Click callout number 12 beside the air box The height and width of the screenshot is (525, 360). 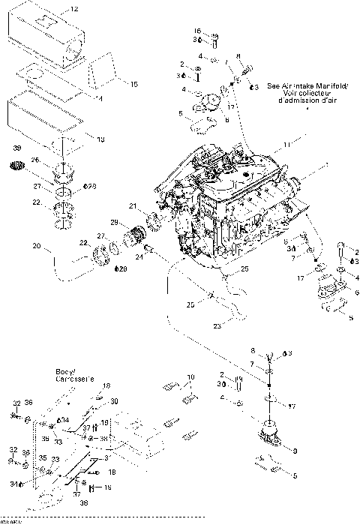pos(73,10)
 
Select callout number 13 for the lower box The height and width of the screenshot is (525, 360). pos(101,139)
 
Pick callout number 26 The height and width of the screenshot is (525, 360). pos(35,159)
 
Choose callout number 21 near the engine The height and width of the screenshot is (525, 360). pos(132,206)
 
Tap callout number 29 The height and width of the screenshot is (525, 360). pos(114,223)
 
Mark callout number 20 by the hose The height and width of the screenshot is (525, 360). pos(36,245)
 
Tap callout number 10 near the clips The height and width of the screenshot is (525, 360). pos(190,377)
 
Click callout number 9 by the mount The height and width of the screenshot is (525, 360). pos(295,450)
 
